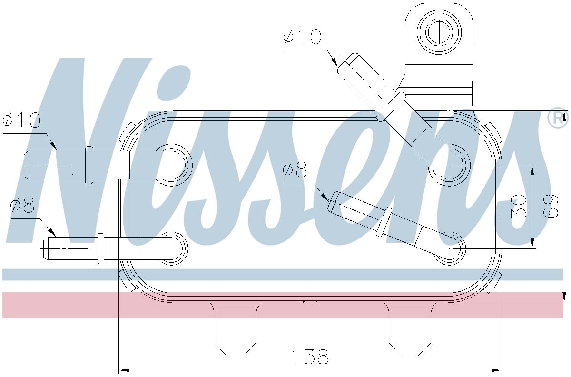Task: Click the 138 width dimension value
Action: [309, 356]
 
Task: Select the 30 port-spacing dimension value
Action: [518, 206]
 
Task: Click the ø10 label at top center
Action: [302, 37]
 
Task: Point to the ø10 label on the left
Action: [21, 121]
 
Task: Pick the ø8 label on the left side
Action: [22, 206]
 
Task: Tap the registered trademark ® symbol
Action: [558, 119]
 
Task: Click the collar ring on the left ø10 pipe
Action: [89, 165]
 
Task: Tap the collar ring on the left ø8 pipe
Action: [101, 248]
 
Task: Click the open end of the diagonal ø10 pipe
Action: [346, 63]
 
